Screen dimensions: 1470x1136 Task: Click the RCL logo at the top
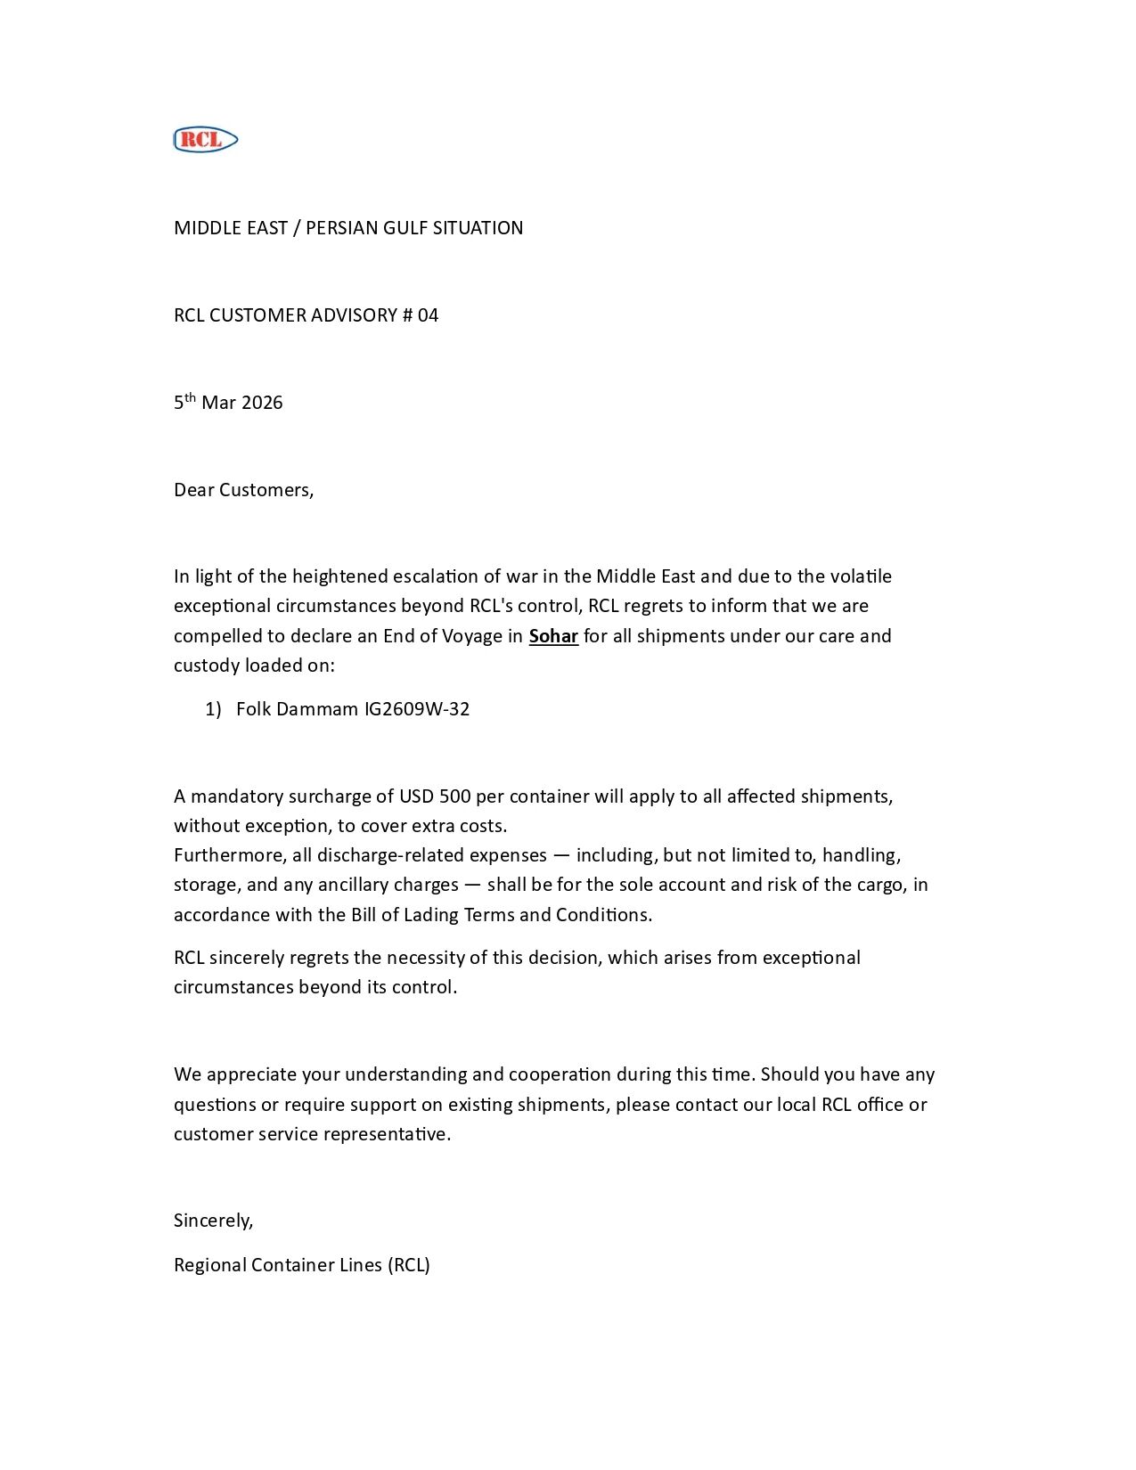(x=205, y=140)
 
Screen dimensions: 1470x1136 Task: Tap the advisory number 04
(x=428, y=315)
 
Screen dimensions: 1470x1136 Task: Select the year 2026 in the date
(x=262, y=403)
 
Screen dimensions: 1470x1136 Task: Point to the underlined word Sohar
(x=553, y=636)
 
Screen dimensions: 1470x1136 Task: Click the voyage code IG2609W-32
(x=417, y=709)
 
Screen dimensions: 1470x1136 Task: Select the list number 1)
(x=213, y=709)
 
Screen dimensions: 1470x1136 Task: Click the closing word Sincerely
(x=213, y=1221)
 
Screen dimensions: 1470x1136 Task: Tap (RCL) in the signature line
(x=409, y=1265)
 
